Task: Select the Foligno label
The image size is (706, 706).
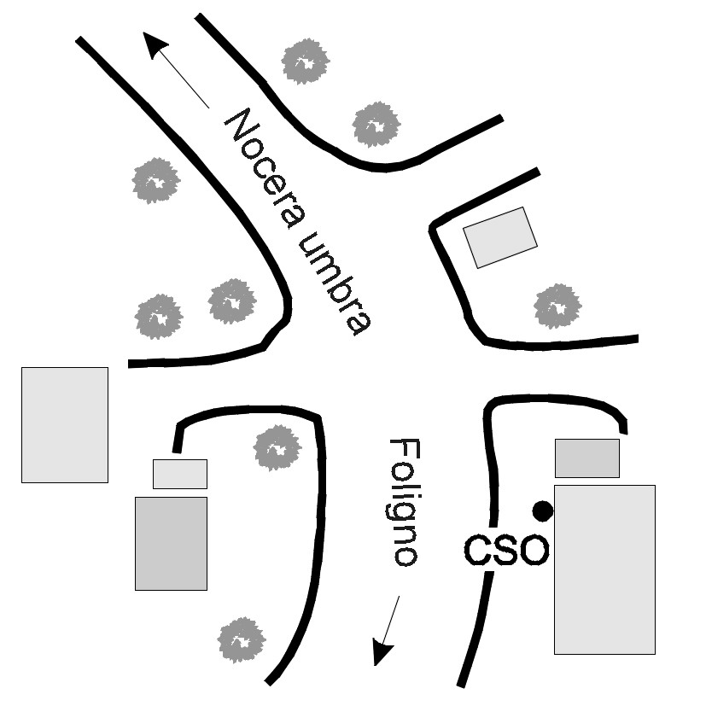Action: (402, 503)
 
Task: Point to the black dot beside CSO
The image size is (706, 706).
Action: (542, 511)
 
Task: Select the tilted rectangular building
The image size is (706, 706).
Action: (499, 236)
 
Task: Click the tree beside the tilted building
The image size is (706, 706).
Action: (557, 306)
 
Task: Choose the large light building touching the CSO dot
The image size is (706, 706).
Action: (604, 569)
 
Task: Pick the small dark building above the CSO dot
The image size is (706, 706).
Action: (586, 458)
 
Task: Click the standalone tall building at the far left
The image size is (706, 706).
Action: (65, 424)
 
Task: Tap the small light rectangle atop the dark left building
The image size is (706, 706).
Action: (180, 474)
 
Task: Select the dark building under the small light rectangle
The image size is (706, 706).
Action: (171, 543)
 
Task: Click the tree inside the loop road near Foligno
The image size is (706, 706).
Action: (277, 447)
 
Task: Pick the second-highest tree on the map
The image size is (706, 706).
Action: (376, 125)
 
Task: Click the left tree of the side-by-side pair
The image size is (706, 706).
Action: (160, 316)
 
